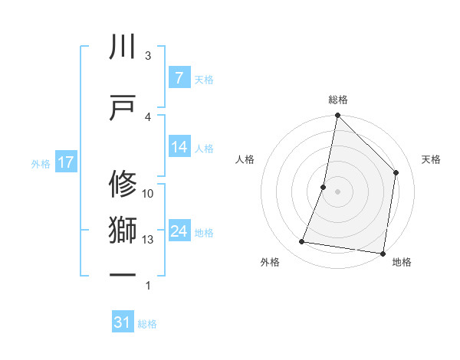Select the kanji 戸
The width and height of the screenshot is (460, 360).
pos(123,107)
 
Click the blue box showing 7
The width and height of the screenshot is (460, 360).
pos(179,78)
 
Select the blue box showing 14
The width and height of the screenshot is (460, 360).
pos(179,148)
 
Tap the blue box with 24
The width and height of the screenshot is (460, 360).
pos(179,231)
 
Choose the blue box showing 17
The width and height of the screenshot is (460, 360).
pos(65,162)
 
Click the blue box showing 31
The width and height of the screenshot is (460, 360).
pos(123,322)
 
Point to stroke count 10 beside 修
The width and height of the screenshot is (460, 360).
pos(148,194)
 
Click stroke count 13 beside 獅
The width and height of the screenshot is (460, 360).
pos(148,240)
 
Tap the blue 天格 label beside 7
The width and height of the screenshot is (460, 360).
pos(204,79)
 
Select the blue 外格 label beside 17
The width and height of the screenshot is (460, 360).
pos(41,163)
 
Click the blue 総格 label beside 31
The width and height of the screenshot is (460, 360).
pos(147,323)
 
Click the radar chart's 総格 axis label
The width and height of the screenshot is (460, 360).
pos(338,100)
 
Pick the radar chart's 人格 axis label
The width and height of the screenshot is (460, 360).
pos(245,159)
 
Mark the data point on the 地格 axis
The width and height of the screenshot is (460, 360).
pos(383,253)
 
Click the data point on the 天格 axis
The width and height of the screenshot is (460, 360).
pos(396,172)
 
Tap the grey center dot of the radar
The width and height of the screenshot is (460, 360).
pos(337,191)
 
